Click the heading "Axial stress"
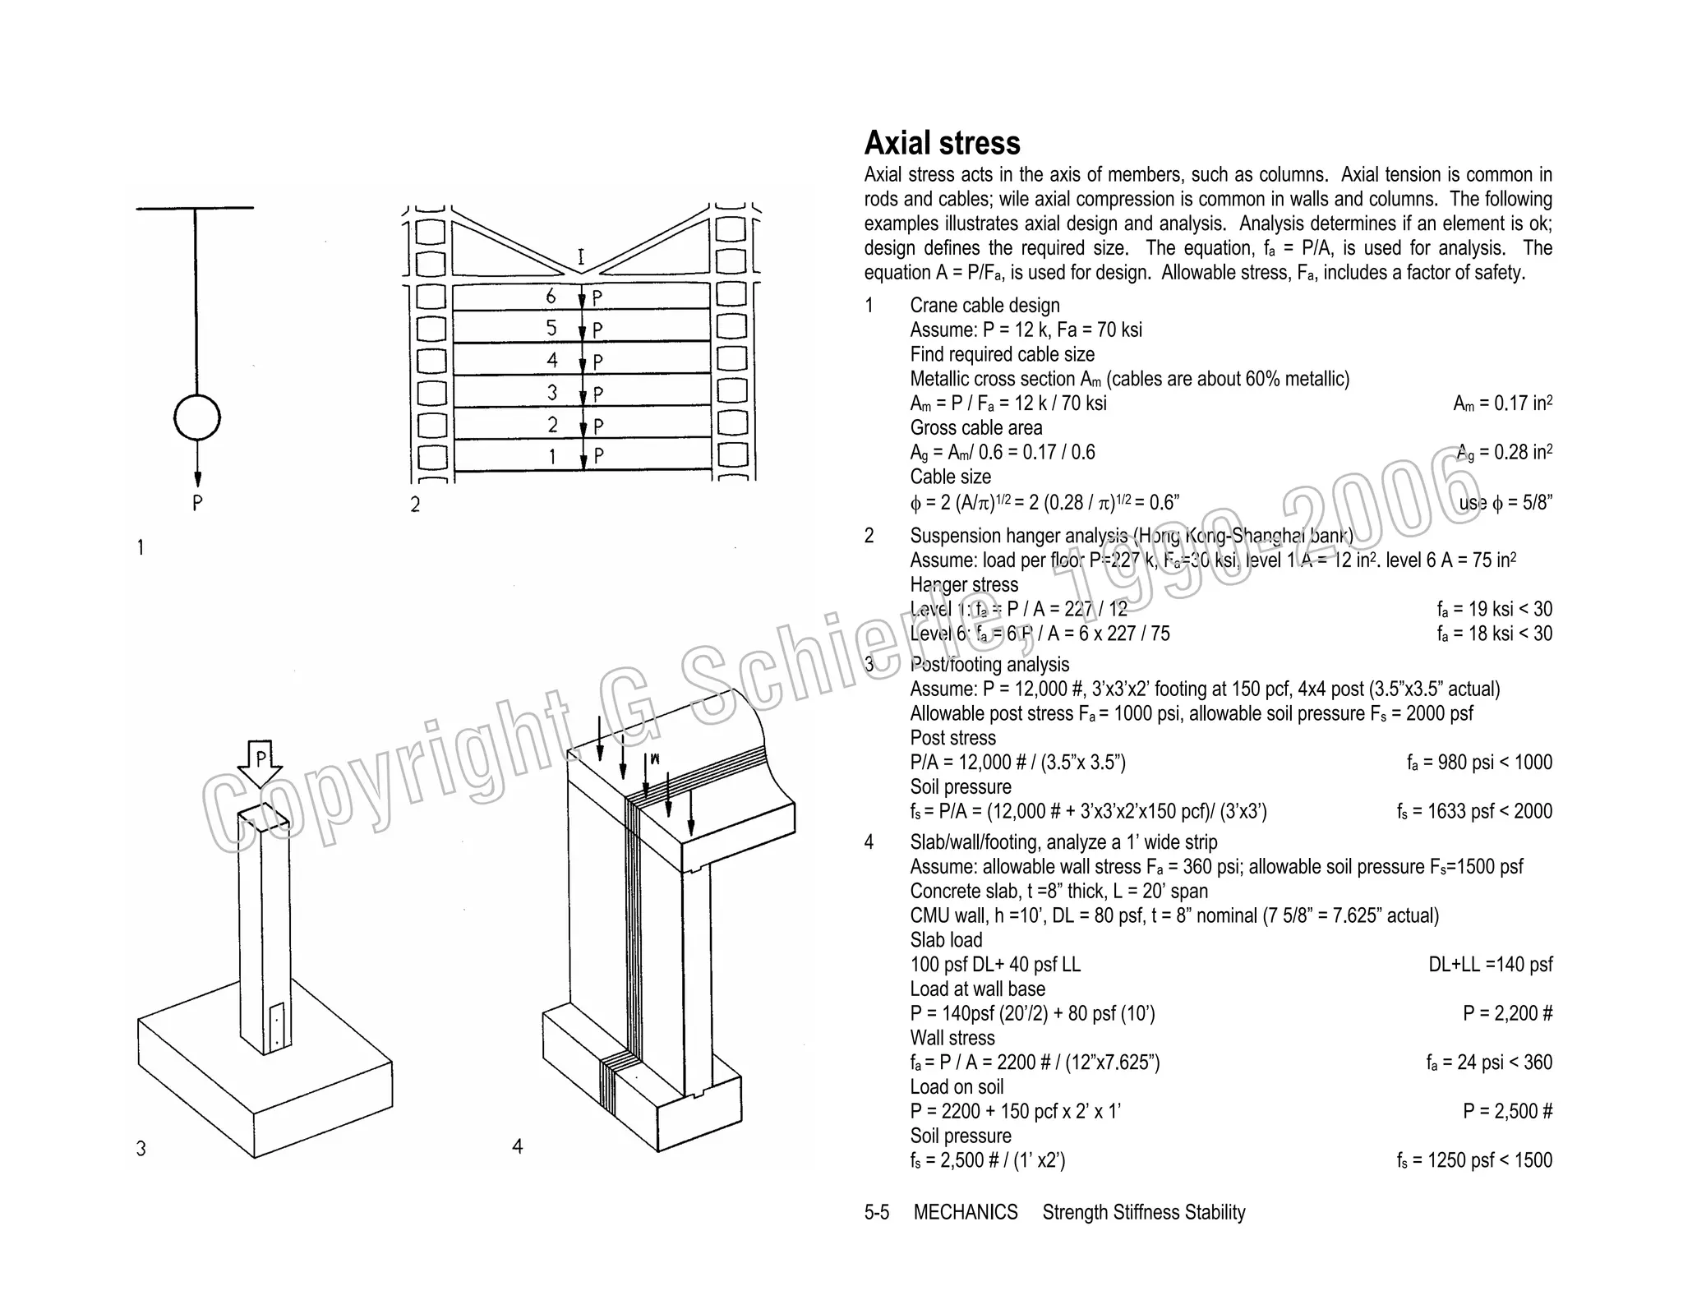pos(942,143)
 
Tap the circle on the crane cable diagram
pos(197,418)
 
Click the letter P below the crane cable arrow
pos(197,503)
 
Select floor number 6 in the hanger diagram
pos(551,296)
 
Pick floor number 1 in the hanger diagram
pos(552,456)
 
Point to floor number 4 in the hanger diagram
pos(552,360)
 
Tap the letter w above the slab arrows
pos(655,758)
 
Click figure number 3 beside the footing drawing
pos(141,1148)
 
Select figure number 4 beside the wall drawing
pos(517,1146)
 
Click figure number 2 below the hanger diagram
pos(415,504)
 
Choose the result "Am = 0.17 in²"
pos(1502,403)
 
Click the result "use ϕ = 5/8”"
pos(1505,503)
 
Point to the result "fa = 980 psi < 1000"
pos(1479,762)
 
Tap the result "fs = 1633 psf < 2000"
pos(1474,811)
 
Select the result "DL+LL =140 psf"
pos(1491,964)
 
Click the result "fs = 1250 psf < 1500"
pos(1474,1159)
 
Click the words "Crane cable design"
pos(984,306)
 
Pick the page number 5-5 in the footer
pos(876,1212)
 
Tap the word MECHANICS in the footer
pos(966,1212)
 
